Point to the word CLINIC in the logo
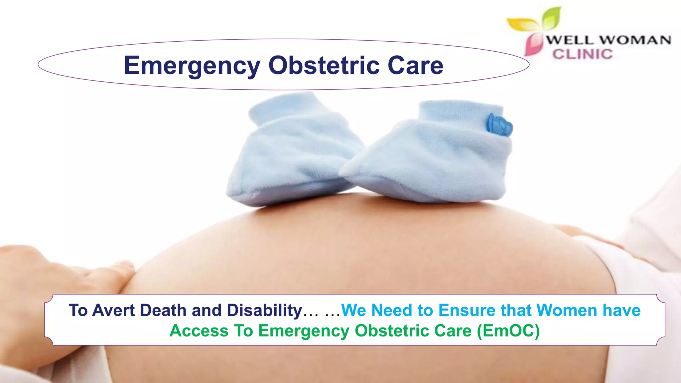point(583,54)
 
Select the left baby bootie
point(293,153)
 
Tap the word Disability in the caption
point(264,310)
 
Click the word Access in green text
point(199,331)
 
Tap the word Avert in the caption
point(113,310)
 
